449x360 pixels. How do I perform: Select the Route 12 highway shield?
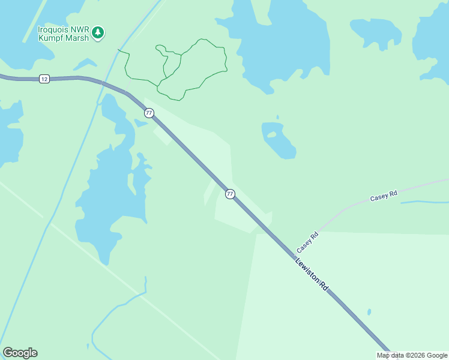click(44, 79)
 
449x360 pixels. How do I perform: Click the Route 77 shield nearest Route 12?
click(149, 113)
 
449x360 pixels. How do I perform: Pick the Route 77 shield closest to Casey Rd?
click(230, 194)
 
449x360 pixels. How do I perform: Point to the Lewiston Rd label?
click(312, 274)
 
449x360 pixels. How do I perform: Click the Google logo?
click(20, 353)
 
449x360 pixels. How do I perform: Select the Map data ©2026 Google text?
click(412, 355)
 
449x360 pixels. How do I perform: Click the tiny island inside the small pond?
click(272, 134)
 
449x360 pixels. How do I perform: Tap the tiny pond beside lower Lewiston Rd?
click(369, 312)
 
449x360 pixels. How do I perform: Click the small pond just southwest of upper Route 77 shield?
click(140, 123)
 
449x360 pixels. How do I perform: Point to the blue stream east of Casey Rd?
click(423, 202)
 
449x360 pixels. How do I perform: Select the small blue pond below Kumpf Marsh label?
click(86, 63)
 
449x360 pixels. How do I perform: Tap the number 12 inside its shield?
click(44, 79)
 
